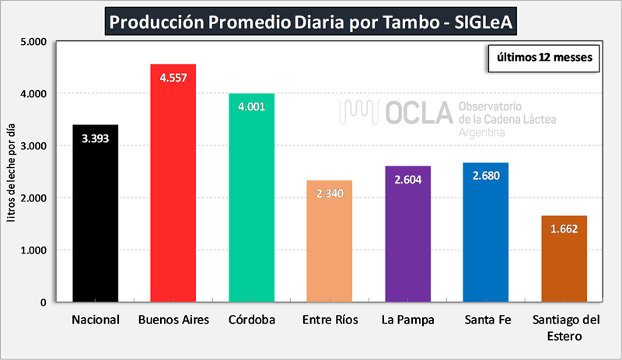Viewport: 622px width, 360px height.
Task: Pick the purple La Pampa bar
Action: point(407,241)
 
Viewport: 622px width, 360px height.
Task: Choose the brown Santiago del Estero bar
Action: point(564,264)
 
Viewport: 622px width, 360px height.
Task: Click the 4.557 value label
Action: point(173,78)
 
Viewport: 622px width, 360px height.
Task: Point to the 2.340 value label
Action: point(330,194)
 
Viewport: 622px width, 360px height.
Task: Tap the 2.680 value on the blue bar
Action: point(486,176)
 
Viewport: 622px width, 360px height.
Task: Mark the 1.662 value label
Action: point(564,229)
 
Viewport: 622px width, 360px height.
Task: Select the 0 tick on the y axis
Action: point(44,302)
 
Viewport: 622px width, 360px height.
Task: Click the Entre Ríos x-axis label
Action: point(330,320)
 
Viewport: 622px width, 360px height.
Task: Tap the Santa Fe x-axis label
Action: point(486,320)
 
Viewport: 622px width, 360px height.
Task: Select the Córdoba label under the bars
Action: point(251,320)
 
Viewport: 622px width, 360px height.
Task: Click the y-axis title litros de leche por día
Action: point(11,171)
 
